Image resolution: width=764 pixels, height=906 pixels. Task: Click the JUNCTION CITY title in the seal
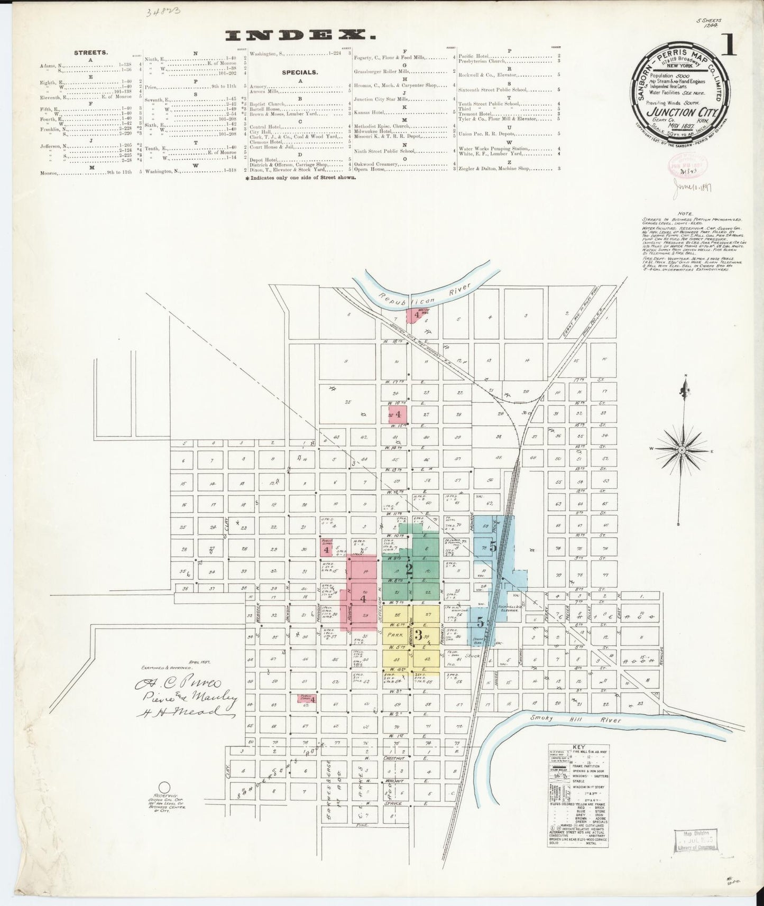pyautogui.click(x=679, y=112)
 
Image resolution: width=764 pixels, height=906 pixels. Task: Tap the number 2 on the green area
pyautogui.click(x=409, y=569)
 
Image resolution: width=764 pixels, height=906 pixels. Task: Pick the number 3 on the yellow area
pyautogui.click(x=418, y=635)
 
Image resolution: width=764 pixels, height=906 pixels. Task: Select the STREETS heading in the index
pyautogui.click(x=91, y=53)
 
